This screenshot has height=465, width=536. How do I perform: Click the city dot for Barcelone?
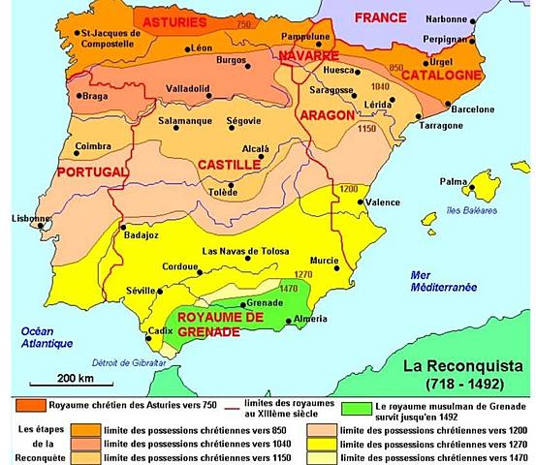[x=447, y=103]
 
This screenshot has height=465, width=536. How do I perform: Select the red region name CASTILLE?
[x=229, y=165]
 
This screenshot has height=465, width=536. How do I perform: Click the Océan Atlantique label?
[x=40, y=337]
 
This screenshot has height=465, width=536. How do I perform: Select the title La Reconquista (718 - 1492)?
[x=464, y=373]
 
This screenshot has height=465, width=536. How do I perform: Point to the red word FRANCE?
[x=380, y=18]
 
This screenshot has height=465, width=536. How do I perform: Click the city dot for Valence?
[x=361, y=203]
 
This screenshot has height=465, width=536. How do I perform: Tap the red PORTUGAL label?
[x=93, y=171]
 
